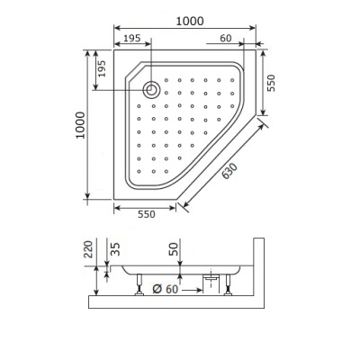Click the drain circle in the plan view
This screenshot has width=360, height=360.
click(152, 89)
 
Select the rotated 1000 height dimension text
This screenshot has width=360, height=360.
click(80, 125)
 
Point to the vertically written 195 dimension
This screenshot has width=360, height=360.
click(101, 68)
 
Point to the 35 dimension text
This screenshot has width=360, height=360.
click(113, 249)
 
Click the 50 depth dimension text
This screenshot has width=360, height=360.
click(175, 247)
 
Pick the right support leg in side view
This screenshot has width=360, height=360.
click(230, 285)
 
